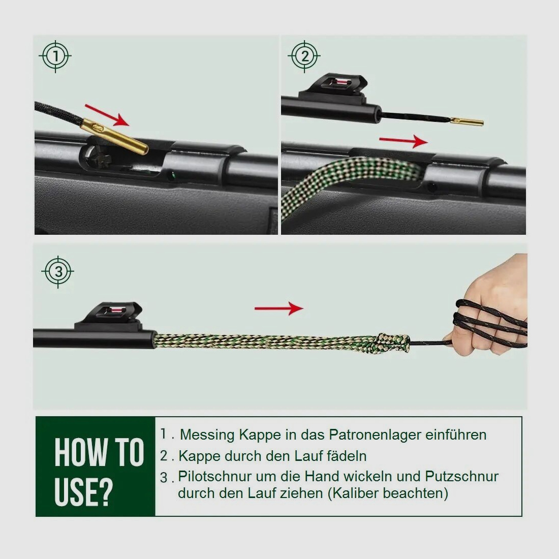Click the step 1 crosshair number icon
55,56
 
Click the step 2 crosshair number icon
304,56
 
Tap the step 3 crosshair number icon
58,272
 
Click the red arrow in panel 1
107,115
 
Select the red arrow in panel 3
278,308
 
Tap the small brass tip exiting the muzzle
468,122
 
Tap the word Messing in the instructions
206,435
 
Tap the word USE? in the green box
83,491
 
